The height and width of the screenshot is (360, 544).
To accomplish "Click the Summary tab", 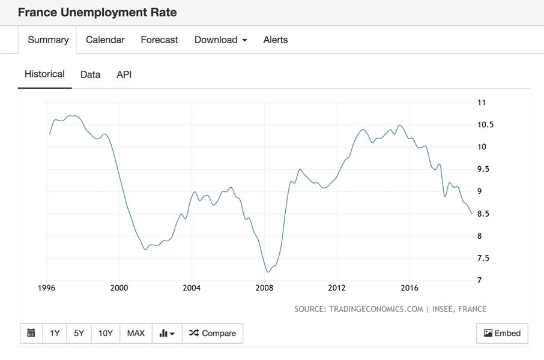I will click(48, 40).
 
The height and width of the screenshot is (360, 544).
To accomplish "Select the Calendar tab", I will click(105, 40).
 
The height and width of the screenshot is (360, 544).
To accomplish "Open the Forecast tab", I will click(159, 40).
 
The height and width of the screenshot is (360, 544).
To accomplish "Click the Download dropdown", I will click(220, 40).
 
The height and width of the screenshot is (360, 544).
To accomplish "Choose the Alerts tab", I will click(276, 40).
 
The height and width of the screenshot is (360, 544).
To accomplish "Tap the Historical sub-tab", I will click(44, 74).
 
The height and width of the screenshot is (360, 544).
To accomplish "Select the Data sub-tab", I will click(90, 75).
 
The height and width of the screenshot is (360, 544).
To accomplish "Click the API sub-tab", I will click(124, 75).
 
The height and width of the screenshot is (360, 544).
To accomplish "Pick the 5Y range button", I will click(79, 334).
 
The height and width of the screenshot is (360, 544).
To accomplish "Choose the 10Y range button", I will click(105, 334).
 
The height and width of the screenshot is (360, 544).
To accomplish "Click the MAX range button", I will click(136, 334).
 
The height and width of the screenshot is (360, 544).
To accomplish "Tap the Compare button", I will click(213, 334).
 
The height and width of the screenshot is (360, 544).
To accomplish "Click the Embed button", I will click(502, 334).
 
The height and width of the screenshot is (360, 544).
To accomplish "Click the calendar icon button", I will click(31, 334).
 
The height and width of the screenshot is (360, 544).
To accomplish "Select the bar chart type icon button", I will click(167, 334).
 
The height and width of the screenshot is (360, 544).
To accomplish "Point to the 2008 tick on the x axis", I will click(264, 288).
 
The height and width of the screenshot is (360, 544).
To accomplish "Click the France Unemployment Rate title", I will click(97, 12).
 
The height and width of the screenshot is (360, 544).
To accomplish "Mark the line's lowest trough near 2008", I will click(268, 272).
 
